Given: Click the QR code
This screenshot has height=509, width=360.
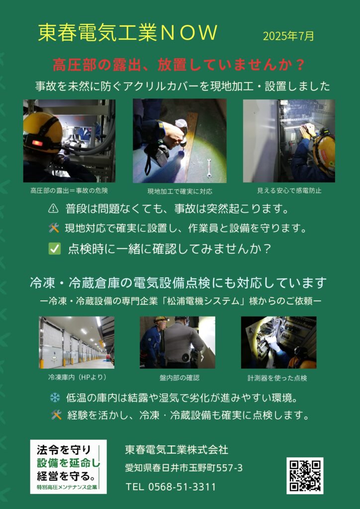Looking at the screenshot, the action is pos(305,476).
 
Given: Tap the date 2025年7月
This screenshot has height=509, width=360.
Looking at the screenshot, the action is pos(288,36).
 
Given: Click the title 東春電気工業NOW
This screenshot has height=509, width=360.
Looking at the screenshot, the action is pos(128,33).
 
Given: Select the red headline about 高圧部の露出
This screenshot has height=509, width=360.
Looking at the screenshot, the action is pos(179,65).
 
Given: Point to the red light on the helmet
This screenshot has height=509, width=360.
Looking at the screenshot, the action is pos(37,143).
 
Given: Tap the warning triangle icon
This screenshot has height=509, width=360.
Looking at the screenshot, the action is pos(53,209).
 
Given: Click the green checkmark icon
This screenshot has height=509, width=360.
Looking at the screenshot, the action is pos(54,249).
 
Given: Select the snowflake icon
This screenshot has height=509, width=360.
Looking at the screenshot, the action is pos(55,398).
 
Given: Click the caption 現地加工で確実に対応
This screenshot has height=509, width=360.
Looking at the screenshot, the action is pos(180,191).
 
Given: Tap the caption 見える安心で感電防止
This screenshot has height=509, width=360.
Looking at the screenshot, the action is pos(289,191).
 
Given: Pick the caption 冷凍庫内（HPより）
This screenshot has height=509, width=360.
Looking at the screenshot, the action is pos(77,377).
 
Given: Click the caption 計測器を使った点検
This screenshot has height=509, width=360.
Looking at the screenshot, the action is pos(277,378).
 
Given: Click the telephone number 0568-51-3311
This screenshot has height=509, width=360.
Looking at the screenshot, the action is pos(182,487).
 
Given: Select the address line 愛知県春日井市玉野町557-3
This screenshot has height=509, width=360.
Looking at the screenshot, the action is pos(184,468).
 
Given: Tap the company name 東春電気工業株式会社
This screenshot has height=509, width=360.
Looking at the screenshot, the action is pos(177,450).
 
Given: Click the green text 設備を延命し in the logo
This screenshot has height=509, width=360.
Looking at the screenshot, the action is pos(69,462).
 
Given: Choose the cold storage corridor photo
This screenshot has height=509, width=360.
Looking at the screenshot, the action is pos(77,342).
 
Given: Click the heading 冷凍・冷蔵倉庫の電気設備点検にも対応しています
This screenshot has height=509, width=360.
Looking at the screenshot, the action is pos(178,283).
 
